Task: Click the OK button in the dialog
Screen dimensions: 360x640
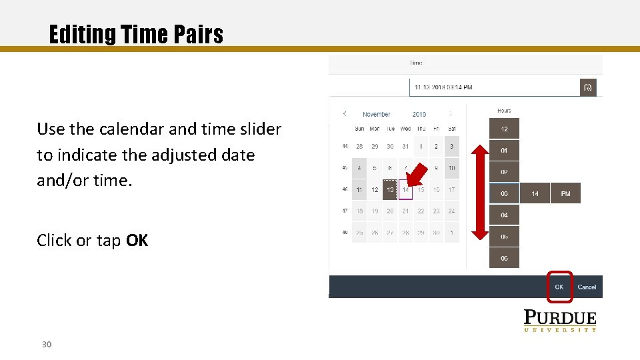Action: point(559,287)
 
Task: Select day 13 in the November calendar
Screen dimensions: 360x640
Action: point(390,189)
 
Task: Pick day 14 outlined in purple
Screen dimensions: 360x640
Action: point(405,189)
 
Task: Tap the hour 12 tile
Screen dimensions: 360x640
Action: point(504,129)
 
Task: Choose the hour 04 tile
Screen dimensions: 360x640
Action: point(504,215)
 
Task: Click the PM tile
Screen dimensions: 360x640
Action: point(565,193)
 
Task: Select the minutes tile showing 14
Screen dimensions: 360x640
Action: point(535,193)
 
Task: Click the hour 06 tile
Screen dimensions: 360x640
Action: point(504,257)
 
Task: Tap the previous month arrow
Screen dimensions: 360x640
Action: point(345,114)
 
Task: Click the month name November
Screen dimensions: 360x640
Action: point(377,114)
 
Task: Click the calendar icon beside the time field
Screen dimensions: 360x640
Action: point(588,87)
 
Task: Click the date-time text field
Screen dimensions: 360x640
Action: point(493,87)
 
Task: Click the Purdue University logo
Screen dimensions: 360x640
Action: point(559,321)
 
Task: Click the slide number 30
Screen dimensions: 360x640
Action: point(47,344)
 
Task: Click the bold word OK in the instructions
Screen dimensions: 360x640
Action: point(137,240)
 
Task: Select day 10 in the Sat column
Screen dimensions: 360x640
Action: point(451,168)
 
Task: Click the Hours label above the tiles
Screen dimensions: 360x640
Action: point(504,111)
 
